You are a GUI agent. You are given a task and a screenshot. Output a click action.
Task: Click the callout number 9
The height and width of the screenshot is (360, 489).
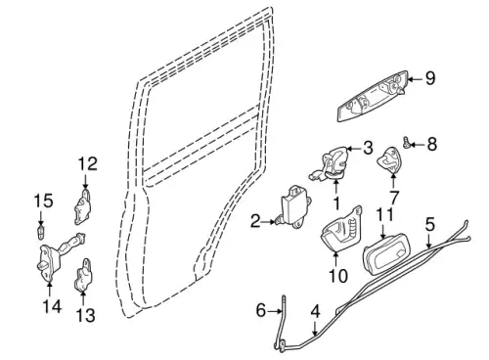click(430, 78)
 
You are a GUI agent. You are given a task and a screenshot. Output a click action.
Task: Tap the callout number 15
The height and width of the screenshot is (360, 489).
click(43, 201)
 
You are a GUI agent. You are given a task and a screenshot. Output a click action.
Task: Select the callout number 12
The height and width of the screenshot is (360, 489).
click(88, 163)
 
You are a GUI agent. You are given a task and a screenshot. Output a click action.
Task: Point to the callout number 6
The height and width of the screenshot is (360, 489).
click(261, 310)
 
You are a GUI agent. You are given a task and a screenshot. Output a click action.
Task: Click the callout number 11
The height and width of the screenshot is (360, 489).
click(384, 215)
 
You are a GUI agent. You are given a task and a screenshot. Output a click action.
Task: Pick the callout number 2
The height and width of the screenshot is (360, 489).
click(255, 222)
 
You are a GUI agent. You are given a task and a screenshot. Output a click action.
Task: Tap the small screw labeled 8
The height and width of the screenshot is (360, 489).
click(407, 142)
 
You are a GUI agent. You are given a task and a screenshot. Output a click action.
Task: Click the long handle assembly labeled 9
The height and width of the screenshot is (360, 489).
click(373, 97)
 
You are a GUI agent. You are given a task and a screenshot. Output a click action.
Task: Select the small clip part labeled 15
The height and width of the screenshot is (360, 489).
click(41, 232)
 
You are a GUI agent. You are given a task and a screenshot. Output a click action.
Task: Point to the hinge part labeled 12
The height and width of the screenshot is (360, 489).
click(81, 207)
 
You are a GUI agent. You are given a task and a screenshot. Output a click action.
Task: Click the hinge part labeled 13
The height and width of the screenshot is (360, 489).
click(83, 275)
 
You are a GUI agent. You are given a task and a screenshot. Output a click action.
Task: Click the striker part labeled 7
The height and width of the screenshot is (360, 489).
click(389, 159)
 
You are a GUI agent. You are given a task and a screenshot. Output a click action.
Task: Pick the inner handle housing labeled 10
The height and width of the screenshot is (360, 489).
click(341, 229)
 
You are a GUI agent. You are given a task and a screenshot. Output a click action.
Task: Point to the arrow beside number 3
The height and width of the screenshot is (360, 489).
click(354, 149)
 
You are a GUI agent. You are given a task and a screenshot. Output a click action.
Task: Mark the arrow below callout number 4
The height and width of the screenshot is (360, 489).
click(315, 328)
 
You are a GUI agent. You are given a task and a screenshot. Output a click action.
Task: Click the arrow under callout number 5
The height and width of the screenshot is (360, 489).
click(428, 241)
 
